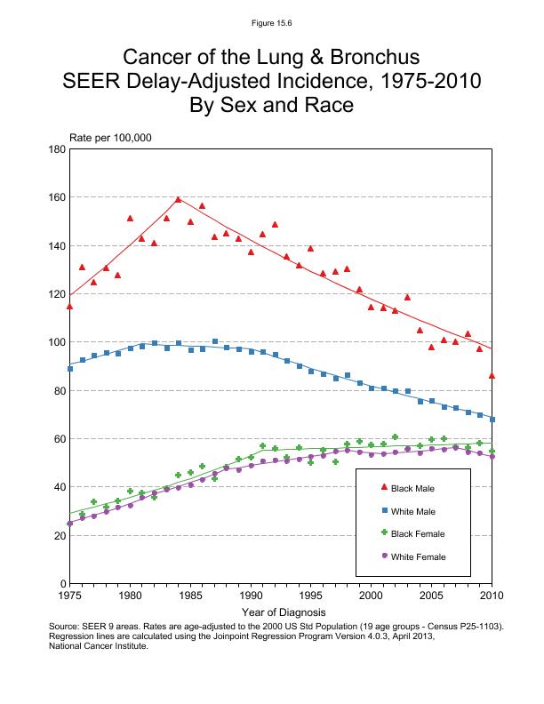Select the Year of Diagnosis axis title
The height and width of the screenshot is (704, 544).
pos(284,612)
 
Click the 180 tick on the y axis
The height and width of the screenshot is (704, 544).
pos(55,149)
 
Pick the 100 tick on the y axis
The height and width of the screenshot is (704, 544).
pos(55,342)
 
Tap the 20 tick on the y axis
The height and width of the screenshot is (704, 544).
pos(58,536)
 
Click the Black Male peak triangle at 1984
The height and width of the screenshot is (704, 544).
pos(178,200)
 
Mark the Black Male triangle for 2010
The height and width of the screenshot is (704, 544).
pos(492,376)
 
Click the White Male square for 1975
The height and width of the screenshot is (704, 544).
pos(69,368)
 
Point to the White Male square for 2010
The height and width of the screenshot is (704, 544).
pos(492,419)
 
